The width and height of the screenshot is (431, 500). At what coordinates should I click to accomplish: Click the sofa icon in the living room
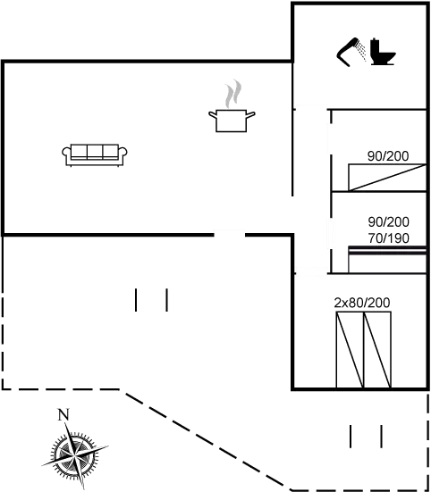pyautogui.click(x=95, y=155)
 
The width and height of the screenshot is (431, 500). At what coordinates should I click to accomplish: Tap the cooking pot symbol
pyautogui.click(x=232, y=121)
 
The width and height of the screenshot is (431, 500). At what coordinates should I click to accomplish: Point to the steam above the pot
pyautogui.click(x=233, y=94)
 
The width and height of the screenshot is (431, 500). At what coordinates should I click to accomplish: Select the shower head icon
pyautogui.click(x=351, y=52)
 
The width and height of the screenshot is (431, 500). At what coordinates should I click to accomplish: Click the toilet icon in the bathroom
pyautogui.click(x=383, y=52)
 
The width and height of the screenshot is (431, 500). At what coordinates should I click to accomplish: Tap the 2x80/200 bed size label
pyautogui.click(x=362, y=303)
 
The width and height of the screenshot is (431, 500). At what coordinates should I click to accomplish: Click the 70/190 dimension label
pyautogui.click(x=389, y=238)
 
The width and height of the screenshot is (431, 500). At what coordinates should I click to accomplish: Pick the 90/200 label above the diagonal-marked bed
pyautogui.click(x=388, y=156)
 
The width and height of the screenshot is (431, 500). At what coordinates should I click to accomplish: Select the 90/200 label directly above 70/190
pyautogui.click(x=389, y=222)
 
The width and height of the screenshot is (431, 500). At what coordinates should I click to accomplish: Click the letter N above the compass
pyautogui.click(x=63, y=415)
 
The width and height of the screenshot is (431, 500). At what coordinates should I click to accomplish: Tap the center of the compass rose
pyautogui.click(x=75, y=452)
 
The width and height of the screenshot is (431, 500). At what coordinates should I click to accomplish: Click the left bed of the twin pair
pyautogui.click(x=350, y=350)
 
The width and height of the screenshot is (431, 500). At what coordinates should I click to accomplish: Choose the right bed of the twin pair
pyautogui.click(x=377, y=350)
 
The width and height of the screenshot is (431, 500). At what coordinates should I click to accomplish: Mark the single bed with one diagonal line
pyautogui.click(x=387, y=178)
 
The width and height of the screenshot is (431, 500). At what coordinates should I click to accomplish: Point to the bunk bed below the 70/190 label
pyautogui.click(x=387, y=260)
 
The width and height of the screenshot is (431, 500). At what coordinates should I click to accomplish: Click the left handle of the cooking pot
pyautogui.click(x=213, y=114)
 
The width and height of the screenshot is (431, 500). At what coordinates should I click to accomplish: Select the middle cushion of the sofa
pyautogui.click(x=95, y=152)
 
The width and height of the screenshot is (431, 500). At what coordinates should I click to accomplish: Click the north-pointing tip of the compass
pyautogui.click(x=66, y=422)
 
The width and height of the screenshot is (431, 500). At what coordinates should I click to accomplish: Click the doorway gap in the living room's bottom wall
pyautogui.click(x=230, y=235)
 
